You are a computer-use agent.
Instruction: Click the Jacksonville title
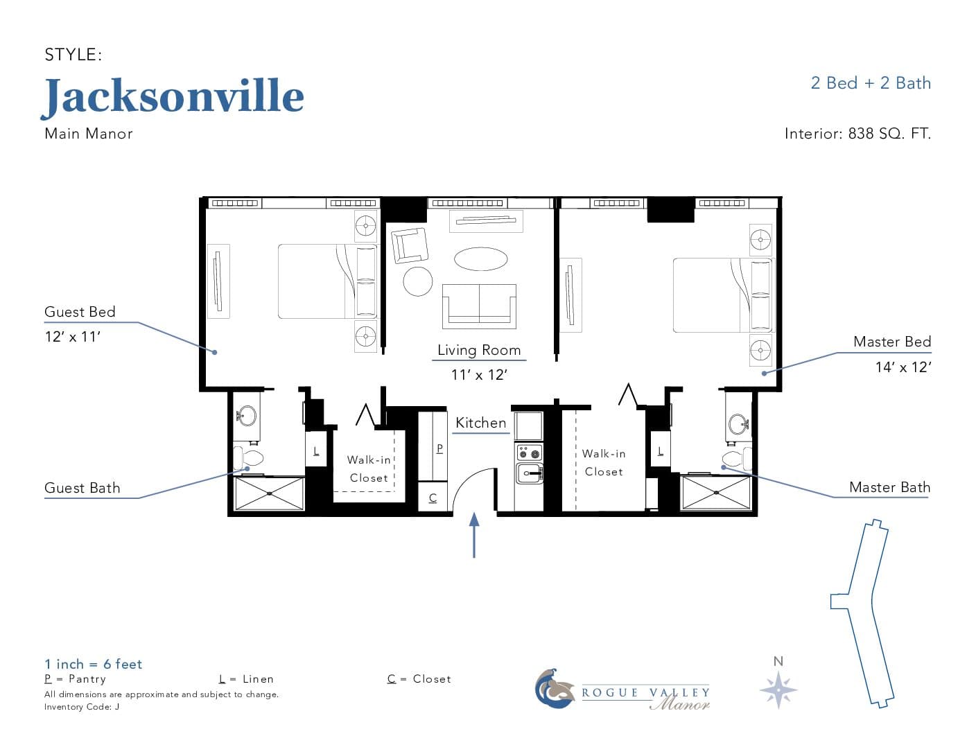coord(173,97)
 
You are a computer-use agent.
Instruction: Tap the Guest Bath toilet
coord(248,458)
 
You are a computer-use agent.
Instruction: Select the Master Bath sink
coord(738,424)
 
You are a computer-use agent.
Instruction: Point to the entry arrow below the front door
coord(474,535)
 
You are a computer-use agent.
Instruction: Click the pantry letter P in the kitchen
coord(439,448)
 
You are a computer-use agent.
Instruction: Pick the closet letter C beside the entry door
coord(433,498)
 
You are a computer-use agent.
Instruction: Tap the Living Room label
coord(479,350)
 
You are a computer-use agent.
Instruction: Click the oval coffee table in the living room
coord(480,258)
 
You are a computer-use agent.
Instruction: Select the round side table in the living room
coord(418,281)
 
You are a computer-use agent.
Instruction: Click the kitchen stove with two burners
coord(529,453)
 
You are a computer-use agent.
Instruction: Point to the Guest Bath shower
coord(270,493)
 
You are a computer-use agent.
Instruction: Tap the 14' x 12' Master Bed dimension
coord(903,367)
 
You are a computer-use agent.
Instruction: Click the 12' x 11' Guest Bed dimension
coord(72,337)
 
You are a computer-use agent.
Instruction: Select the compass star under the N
coord(778,690)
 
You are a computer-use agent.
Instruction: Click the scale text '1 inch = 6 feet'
coord(93,664)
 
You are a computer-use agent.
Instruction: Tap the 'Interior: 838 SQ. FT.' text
coord(857,134)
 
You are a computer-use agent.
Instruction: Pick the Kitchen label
coord(480,423)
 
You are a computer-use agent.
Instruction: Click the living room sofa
coord(479,306)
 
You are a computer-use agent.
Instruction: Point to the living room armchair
coord(410,245)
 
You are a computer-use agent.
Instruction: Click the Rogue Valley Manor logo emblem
coord(555,689)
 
